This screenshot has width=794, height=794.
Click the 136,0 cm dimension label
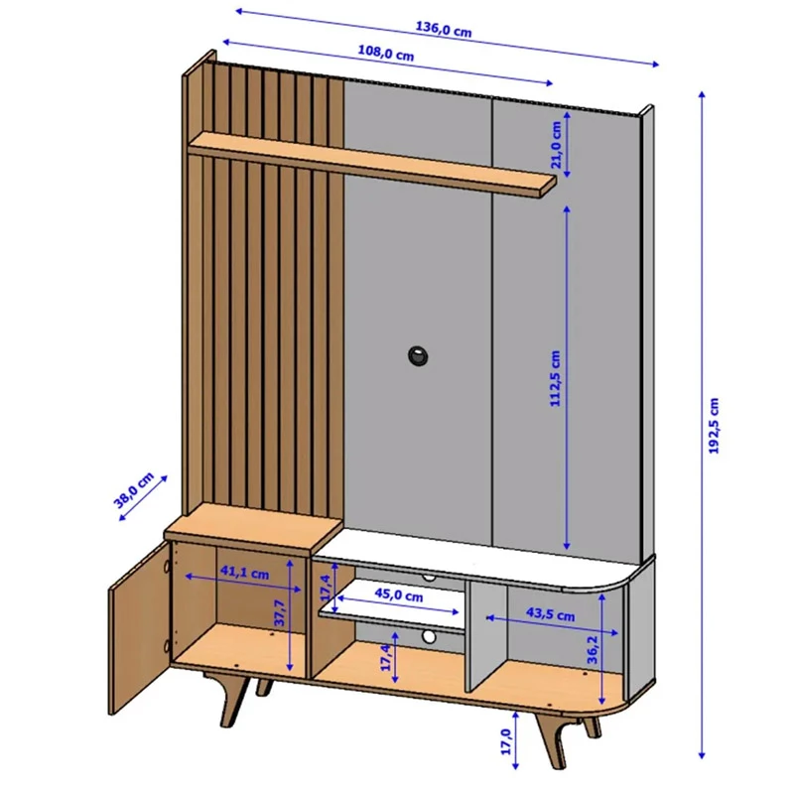click(443, 30)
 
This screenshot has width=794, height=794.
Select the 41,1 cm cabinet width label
click(245, 574)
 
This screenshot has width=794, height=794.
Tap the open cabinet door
click(137, 631)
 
